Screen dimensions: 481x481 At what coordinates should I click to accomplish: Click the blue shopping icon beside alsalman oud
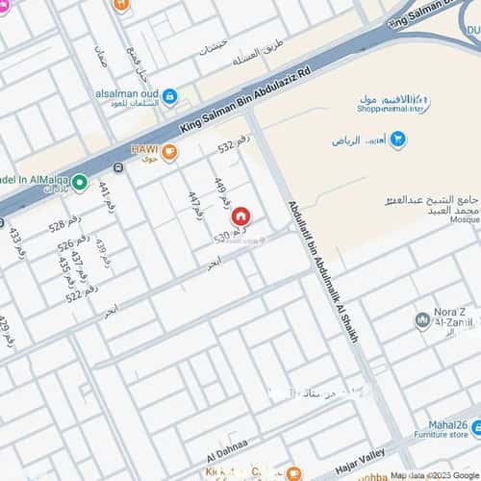pos(170,96)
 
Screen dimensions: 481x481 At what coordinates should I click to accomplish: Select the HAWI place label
pos(144,150)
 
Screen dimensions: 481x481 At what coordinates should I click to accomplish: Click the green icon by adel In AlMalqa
pos(80,182)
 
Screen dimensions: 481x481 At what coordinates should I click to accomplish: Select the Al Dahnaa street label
pos(226,443)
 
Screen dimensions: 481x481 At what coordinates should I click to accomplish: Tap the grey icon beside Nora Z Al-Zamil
pos(422,319)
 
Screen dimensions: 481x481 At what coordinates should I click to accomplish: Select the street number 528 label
pos(64,226)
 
